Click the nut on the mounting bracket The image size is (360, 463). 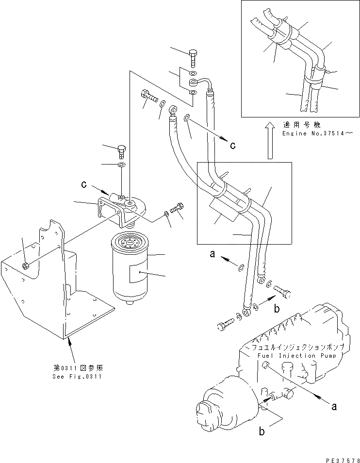coord(26,265)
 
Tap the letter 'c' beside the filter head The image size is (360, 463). coord(84,185)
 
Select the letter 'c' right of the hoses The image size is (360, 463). coord(233,145)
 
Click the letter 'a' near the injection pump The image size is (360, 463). coord(333,407)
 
